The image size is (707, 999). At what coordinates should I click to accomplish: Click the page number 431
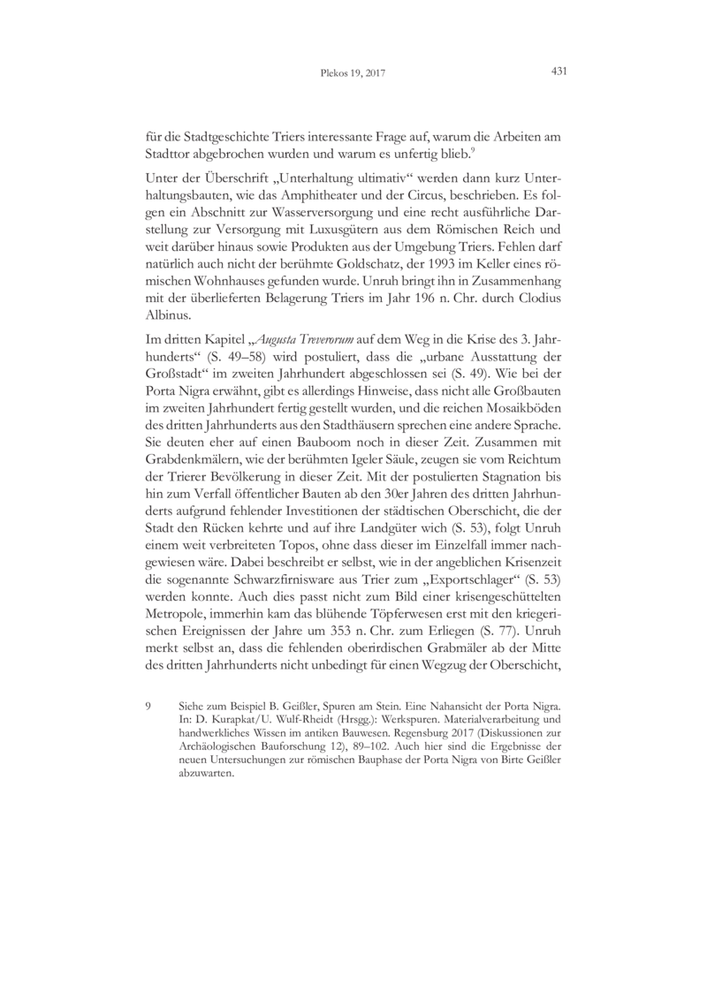click(558, 73)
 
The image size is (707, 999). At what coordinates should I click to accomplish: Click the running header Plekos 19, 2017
click(353, 74)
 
